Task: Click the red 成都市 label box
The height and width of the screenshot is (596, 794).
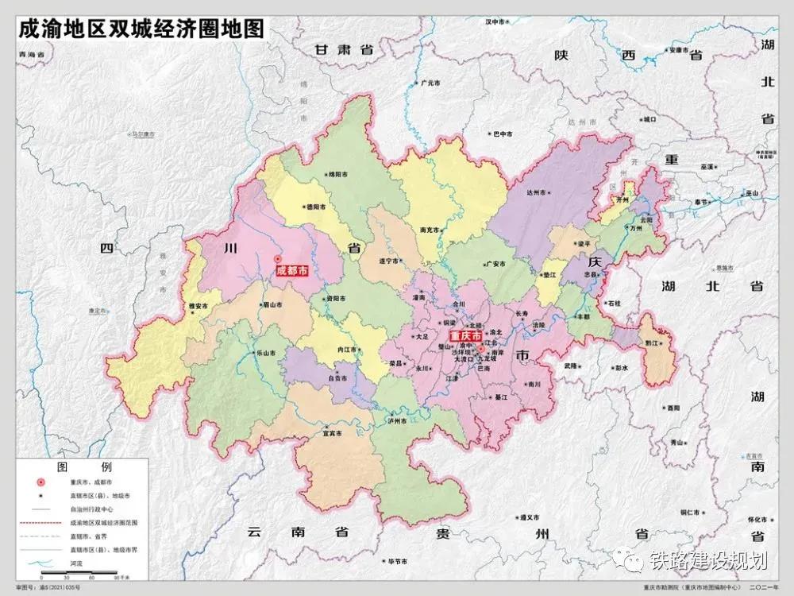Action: [x=291, y=271]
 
